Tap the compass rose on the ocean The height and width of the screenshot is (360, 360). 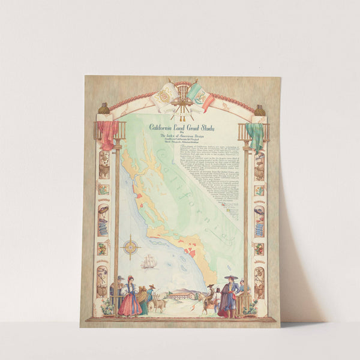tap(131, 247)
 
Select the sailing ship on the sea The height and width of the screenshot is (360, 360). tap(149, 262)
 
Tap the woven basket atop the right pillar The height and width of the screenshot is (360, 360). tap(260, 110)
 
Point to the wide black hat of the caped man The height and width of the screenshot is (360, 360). tap(230, 278)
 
